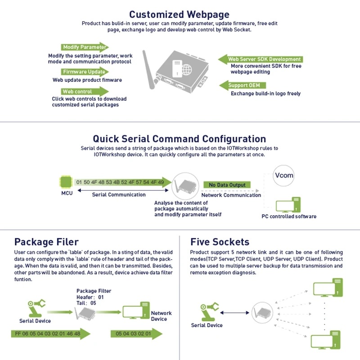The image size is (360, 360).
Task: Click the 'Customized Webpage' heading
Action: (x=179, y=14)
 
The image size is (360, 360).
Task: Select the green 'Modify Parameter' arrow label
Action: (x=84, y=47)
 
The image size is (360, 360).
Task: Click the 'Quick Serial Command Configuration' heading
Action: (x=179, y=139)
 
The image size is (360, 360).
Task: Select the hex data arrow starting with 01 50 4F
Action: (x=122, y=182)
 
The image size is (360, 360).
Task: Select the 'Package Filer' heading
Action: (x=46, y=242)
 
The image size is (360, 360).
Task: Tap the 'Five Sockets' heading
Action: (x=220, y=242)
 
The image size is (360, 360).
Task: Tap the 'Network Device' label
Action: (x=162, y=316)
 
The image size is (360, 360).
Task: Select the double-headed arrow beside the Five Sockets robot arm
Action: (x=234, y=312)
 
